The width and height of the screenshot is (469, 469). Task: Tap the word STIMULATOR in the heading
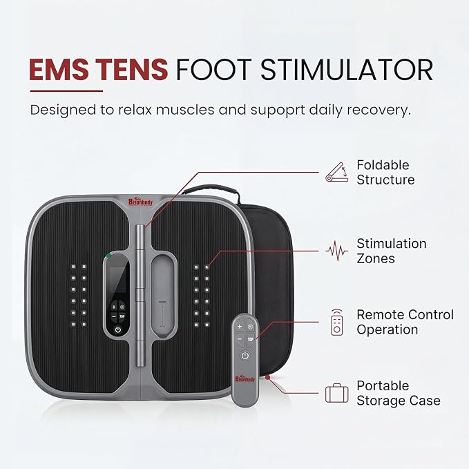point(347,70)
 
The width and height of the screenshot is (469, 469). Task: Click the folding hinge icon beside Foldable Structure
point(337,172)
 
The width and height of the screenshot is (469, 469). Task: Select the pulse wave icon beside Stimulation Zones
point(337,251)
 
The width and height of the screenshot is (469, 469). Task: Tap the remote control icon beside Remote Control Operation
point(337,322)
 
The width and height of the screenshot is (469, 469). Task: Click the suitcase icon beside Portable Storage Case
point(337,393)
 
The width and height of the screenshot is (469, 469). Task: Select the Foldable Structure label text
point(385,173)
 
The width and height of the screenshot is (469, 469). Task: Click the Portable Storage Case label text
point(399,393)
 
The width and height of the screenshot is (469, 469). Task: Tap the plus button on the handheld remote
point(240,326)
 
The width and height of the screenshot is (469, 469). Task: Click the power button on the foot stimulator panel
point(118,330)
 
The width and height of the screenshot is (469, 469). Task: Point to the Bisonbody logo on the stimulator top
point(140,202)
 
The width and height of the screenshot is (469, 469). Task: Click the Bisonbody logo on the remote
point(245,379)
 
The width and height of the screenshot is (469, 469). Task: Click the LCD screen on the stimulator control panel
point(117,279)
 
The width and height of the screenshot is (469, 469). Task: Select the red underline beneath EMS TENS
point(66,91)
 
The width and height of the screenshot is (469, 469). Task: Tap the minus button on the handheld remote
point(240,339)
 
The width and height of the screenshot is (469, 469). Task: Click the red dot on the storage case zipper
point(268,378)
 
